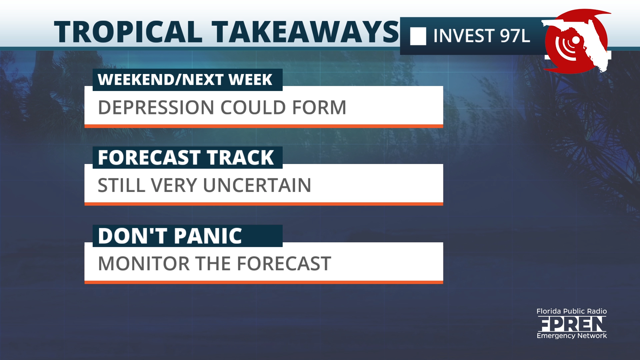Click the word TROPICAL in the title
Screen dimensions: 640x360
128,32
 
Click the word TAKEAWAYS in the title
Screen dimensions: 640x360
305,32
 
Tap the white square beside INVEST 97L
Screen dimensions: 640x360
418,36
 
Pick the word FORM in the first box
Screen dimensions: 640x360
319,108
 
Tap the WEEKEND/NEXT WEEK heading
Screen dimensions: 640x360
185,80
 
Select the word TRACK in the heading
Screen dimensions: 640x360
240,158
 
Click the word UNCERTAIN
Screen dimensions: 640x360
257,185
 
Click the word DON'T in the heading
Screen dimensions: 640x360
133,236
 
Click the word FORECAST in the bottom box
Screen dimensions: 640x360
284,264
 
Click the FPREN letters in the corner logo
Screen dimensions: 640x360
572,324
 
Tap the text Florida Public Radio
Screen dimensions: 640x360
572,311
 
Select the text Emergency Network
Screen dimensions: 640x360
572,336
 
